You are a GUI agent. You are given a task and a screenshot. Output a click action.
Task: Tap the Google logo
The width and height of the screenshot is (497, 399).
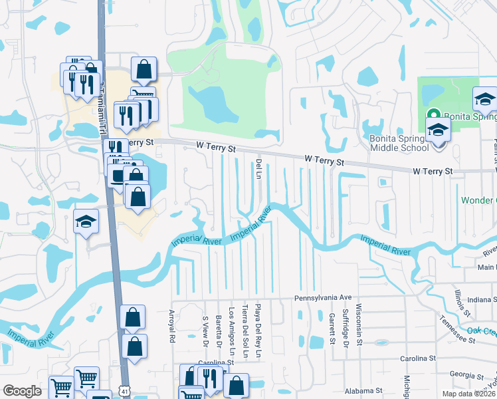click(22, 391)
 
